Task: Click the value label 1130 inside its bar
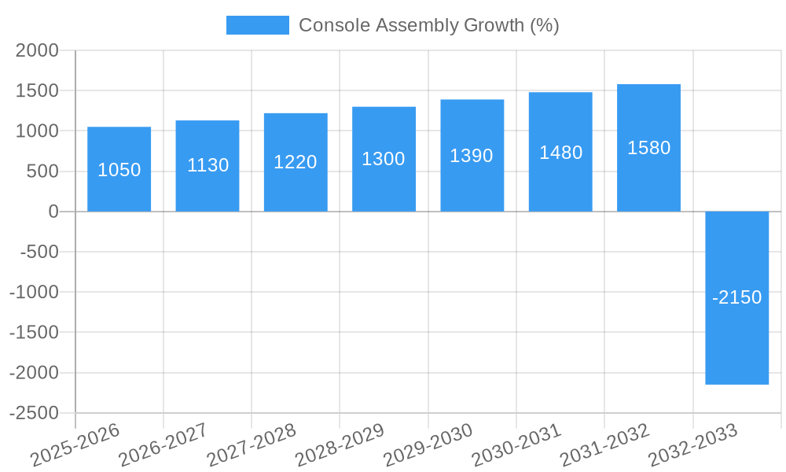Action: coord(208,165)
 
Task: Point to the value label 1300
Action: coord(384,159)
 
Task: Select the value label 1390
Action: coord(472,156)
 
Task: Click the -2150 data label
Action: coord(736,298)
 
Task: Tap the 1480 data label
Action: coord(560,153)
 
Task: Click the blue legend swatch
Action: coord(257,25)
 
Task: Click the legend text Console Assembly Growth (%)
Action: coord(429,25)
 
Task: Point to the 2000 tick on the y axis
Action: coord(38,50)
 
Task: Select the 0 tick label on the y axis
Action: coord(53,212)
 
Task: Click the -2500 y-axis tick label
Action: coord(34,413)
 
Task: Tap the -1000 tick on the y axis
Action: coord(34,292)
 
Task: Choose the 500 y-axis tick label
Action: coord(43,171)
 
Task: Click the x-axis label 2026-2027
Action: coord(163,445)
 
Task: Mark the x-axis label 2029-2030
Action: coord(428,445)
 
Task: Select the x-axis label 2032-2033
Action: coord(692,445)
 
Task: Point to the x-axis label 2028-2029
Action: coord(340,445)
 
